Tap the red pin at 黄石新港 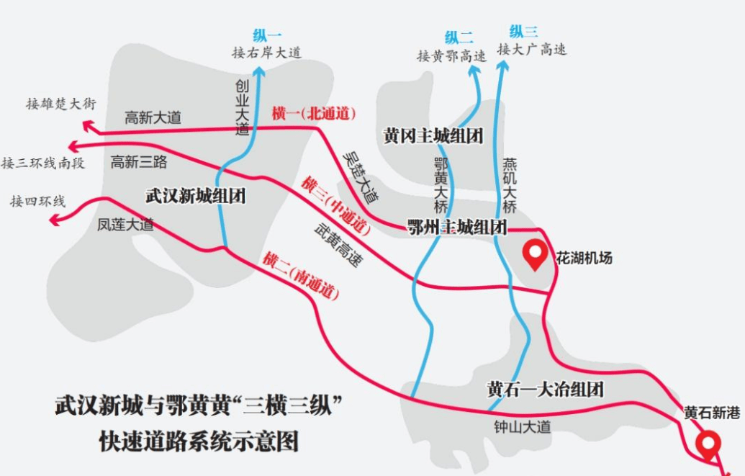[x=708, y=443]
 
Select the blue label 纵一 [x=267, y=35]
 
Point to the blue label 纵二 [x=459, y=37]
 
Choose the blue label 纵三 [x=523, y=32]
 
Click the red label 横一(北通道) [x=314, y=113]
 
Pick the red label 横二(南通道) [x=300, y=276]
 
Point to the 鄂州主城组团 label [x=457, y=228]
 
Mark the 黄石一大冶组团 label [x=545, y=390]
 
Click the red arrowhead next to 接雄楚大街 [x=89, y=126]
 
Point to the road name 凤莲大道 [x=125, y=225]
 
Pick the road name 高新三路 [x=139, y=162]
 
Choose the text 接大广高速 [x=532, y=50]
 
